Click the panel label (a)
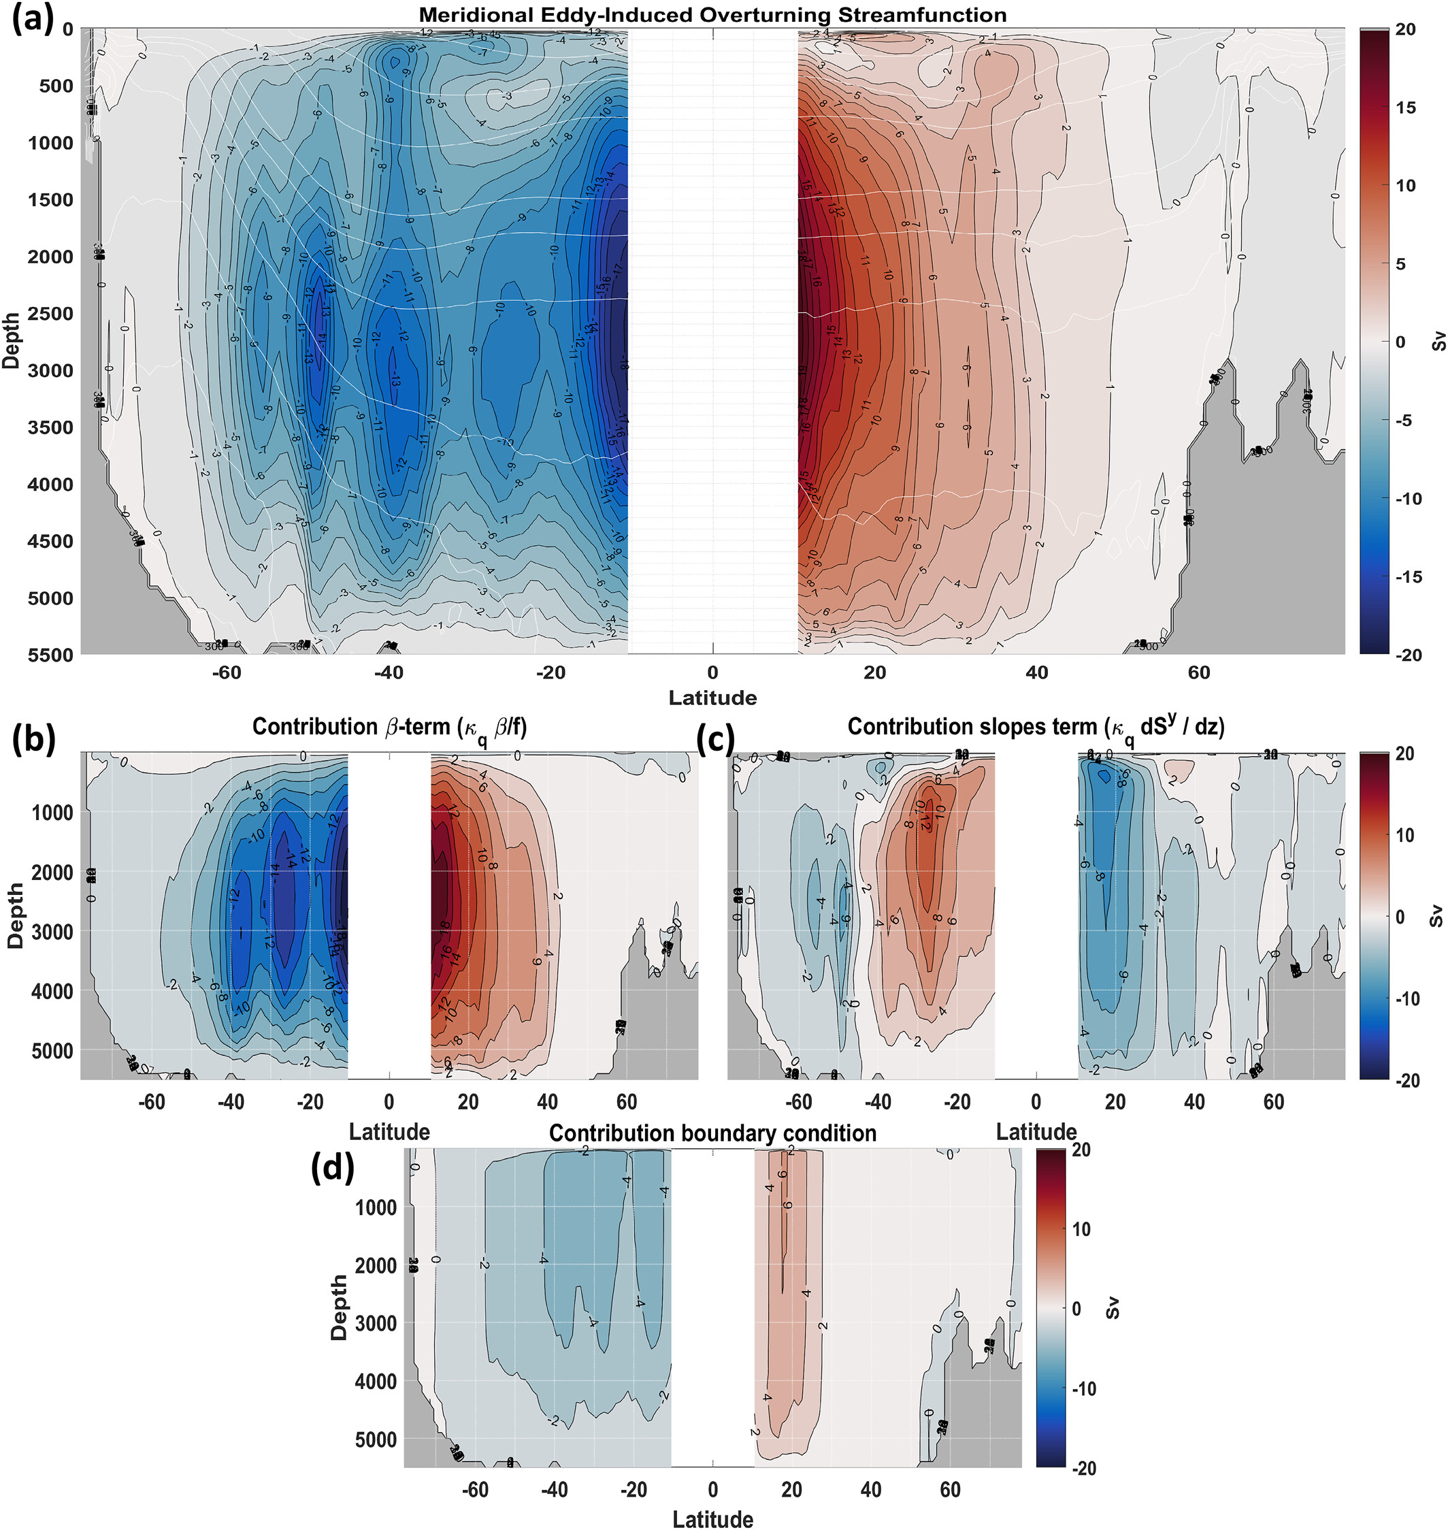pos(33,18)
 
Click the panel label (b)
pos(34,738)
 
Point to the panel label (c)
pos(714,738)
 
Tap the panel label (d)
pos(332,1169)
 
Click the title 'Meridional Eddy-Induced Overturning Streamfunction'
pos(712,15)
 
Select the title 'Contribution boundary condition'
pos(712,1133)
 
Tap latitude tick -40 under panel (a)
pos(389,672)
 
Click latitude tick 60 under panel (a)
pos(1199,672)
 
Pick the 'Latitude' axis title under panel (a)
pos(712,698)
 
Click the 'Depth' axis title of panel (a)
pos(11,340)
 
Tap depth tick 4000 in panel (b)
pos(52,990)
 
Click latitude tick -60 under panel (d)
pos(476,1489)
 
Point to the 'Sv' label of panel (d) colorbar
pos(1113,1307)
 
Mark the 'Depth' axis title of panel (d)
pos(339,1307)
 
